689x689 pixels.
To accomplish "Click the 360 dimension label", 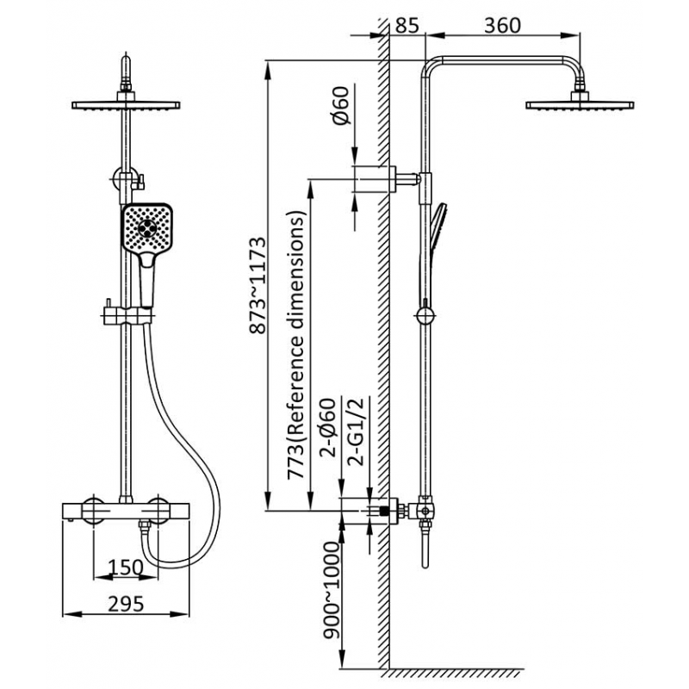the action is point(502,25).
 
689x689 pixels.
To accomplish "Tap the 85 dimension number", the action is point(407,25).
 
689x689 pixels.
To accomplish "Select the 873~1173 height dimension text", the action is point(258,286).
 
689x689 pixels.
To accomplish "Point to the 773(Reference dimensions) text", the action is point(295,345).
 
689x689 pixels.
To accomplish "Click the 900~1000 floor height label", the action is point(332,590).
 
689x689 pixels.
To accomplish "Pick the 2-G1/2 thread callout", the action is point(356,432).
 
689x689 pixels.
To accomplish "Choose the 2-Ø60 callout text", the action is point(328,428).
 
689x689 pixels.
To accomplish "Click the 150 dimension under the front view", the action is point(126,567).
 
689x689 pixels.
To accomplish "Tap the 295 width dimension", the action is point(126,604).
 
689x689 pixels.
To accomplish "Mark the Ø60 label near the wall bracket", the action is point(341,105).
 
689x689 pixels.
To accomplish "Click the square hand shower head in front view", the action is point(146,229).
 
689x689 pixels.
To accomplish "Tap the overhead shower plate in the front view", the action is point(126,105).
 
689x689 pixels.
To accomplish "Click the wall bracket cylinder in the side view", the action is point(375,179).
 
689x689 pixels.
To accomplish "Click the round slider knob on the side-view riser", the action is point(425,315).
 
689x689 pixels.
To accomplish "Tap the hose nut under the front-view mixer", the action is point(144,525).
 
